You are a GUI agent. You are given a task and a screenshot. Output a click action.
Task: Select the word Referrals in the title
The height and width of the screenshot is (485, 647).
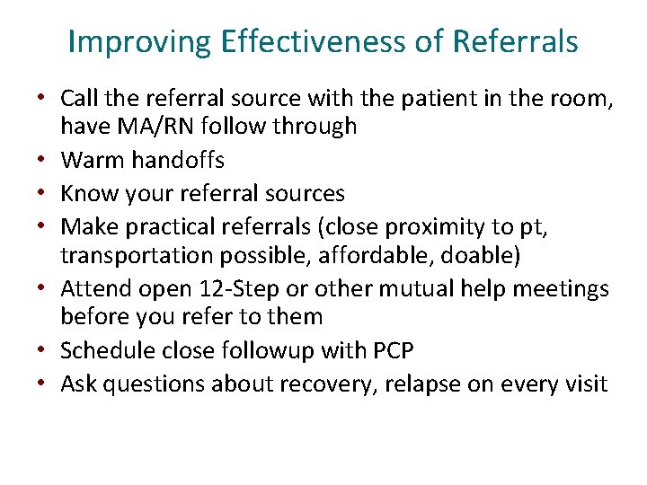[516, 42]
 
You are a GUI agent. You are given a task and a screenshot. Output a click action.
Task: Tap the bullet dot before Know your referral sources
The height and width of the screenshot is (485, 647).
[45, 193]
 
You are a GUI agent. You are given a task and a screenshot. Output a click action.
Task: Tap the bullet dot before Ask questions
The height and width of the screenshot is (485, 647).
[45, 384]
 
